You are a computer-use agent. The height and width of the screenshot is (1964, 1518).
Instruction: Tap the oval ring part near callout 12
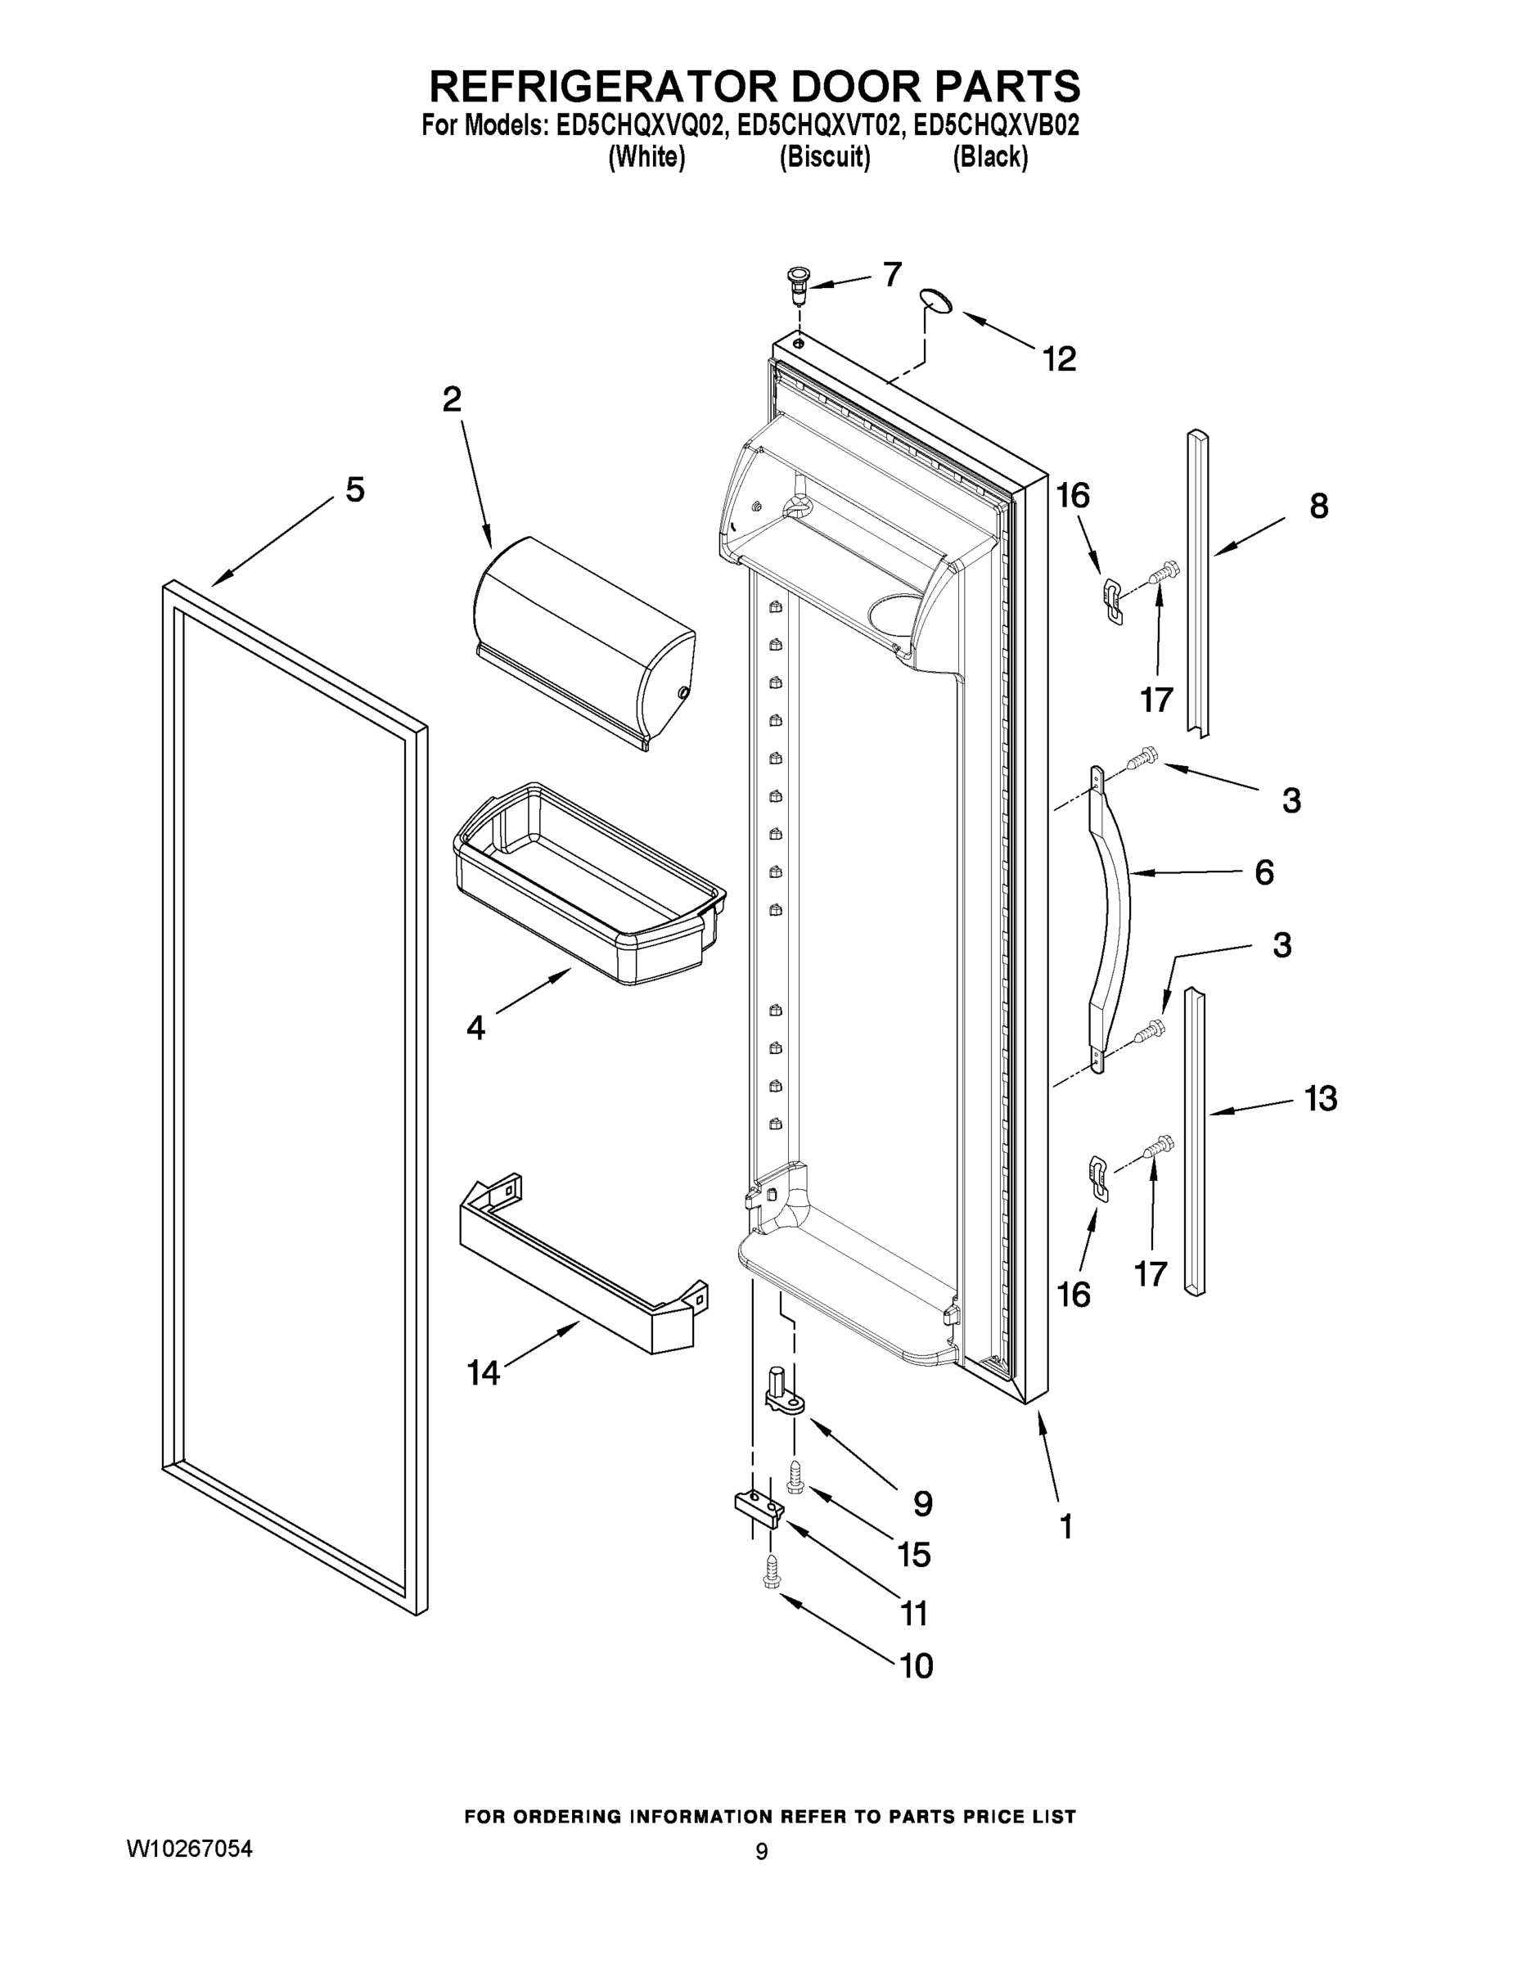pyautogui.click(x=935, y=302)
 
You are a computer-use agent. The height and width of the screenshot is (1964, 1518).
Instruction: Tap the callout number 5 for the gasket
pyautogui.click(x=355, y=490)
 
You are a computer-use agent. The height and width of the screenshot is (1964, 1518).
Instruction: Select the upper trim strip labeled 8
pyautogui.click(x=1198, y=584)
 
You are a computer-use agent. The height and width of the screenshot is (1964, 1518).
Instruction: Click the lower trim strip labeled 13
pyautogui.click(x=1194, y=1142)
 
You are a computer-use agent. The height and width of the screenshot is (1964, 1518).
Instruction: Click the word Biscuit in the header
pyautogui.click(x=825, y=157)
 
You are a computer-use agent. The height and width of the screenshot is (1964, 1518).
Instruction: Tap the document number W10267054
pyautogui.click(x=189, y=1849)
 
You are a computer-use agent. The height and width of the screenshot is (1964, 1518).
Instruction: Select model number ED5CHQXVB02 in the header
pyautogui.click(x=996, y=126)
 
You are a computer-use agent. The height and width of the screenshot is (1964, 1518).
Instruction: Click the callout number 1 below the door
pyautogui.click(x=1065, y=1527)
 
